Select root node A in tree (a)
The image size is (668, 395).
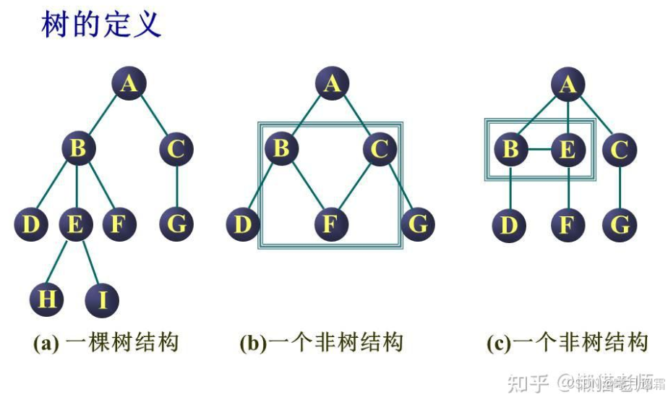pos(129,85)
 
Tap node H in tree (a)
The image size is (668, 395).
pos(48,299)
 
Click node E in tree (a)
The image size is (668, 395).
pos(75,224)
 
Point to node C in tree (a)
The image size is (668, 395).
pos(176,150)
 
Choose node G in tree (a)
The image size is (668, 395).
pos(176,224)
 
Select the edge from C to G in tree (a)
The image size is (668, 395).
pos(176,187)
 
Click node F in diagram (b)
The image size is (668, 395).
pos(330,224)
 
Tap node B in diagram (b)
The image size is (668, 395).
pos(282,150)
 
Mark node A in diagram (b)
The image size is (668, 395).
pos(331,85)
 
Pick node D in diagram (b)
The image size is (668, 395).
pos(242,224)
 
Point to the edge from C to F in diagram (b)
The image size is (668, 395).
pos(355,187)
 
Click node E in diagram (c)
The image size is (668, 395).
pos(568,150)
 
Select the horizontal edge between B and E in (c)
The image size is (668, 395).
pos(539,150)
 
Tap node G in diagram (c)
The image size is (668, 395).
pos(620,225)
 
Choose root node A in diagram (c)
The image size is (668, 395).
pos(568,85)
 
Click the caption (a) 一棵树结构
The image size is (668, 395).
pos(106,342)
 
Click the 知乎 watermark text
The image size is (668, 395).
pos(528,381)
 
